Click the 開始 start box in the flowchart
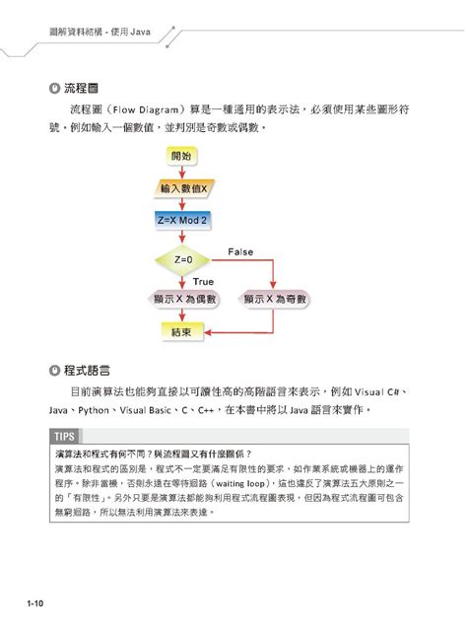pos(182,156)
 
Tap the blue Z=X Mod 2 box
pos(182,221)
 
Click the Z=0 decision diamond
pos(182,259)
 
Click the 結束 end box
pos(182,332)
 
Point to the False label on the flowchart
pos(240,252)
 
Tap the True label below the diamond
pos(203,281)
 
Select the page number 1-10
pos(25,602)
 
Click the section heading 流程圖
pos(83,86)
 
